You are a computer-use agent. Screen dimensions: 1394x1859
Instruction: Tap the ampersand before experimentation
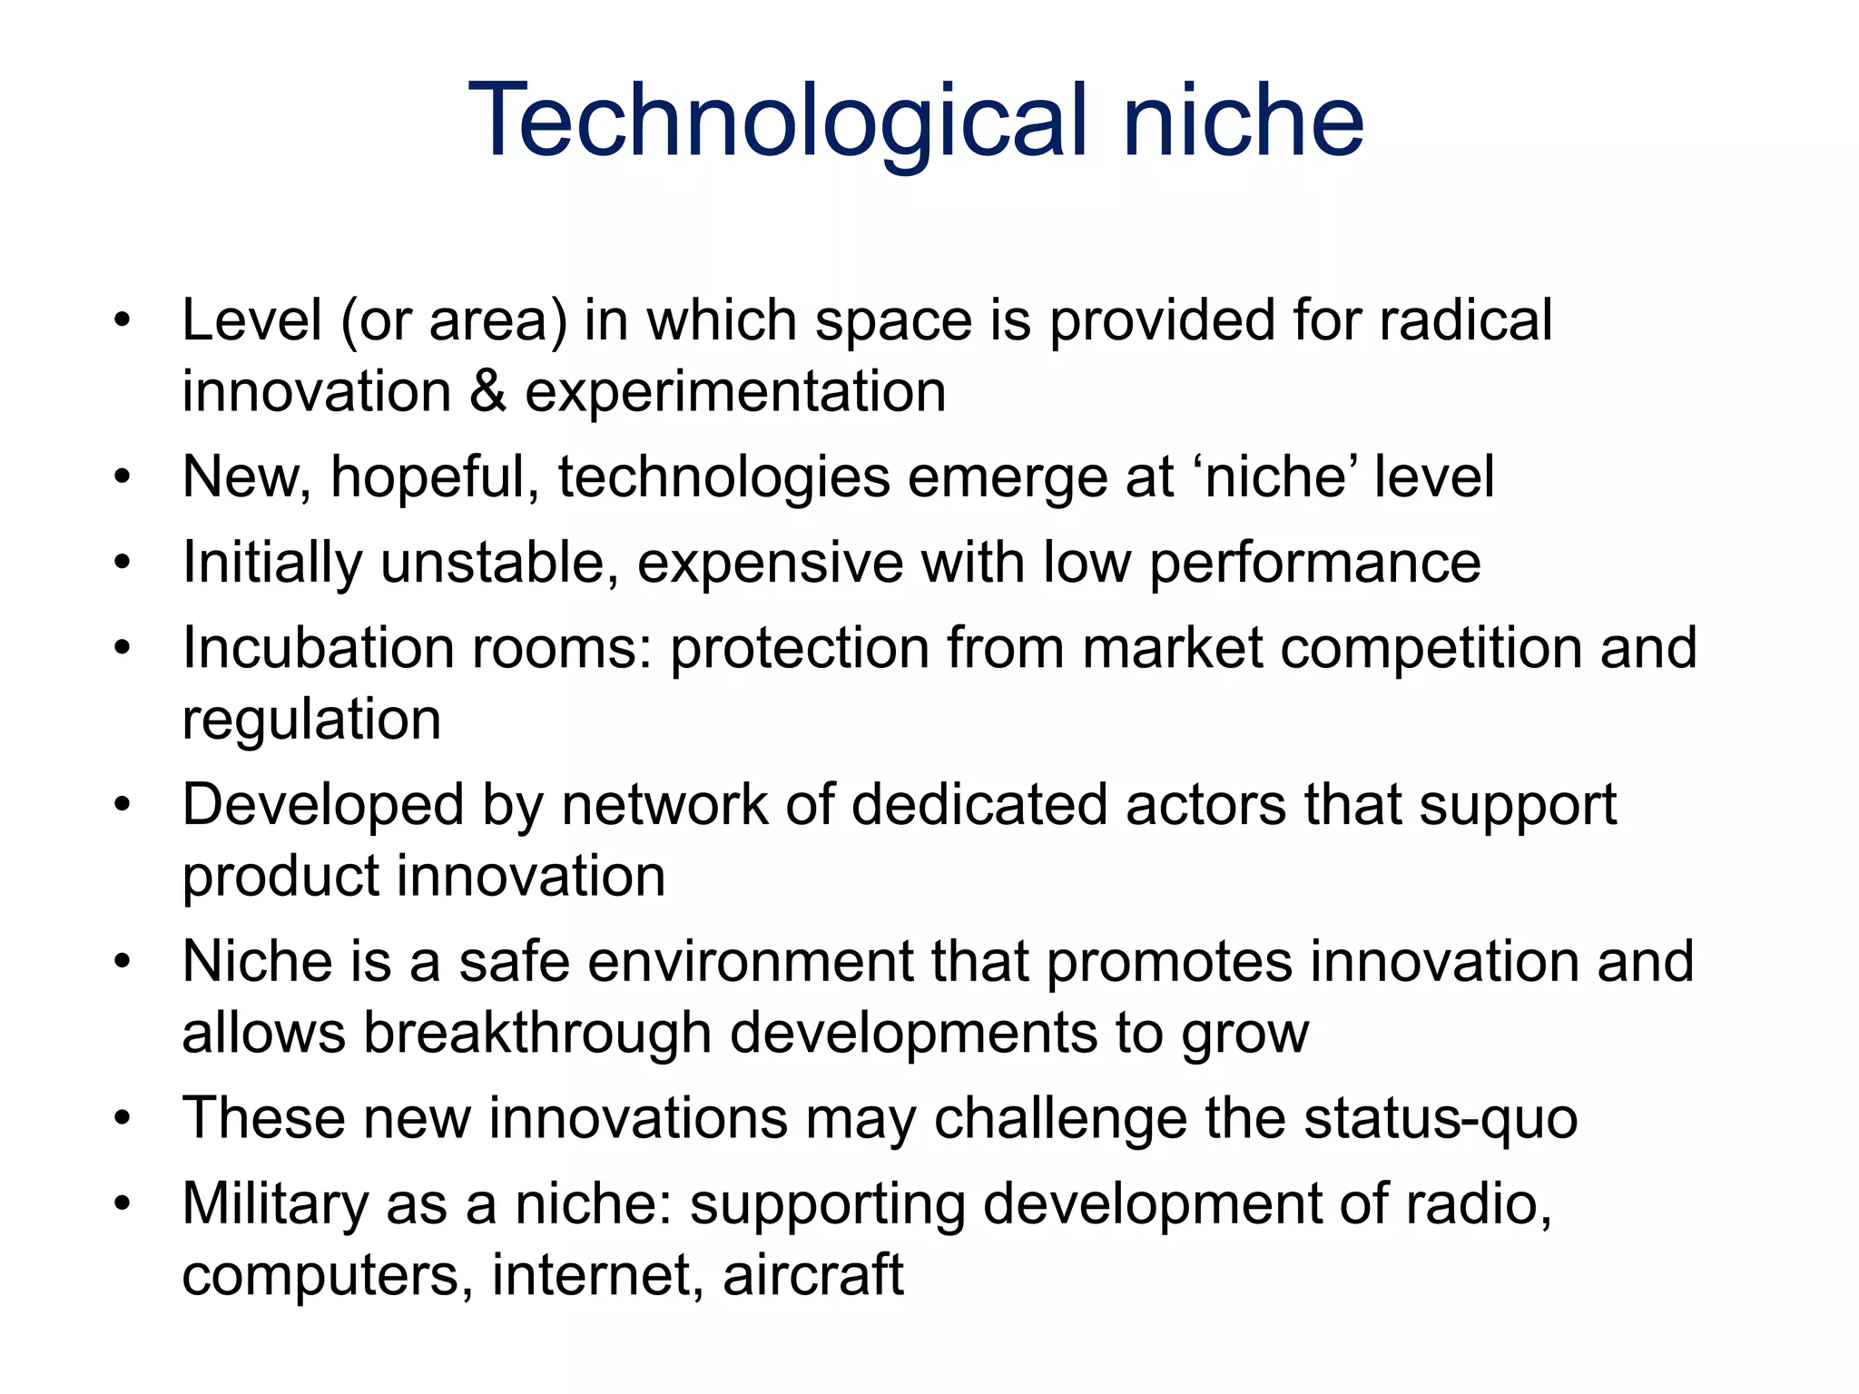click(488, 392)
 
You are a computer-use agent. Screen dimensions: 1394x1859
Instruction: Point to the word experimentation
click(735, 392)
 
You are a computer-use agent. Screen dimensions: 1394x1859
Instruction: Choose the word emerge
click(1006, 479)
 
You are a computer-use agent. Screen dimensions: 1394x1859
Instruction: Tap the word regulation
click(311, 722)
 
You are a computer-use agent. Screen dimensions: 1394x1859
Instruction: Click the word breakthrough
click(537, 1033)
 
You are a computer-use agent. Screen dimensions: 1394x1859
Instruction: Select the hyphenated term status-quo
click(1441, 1119)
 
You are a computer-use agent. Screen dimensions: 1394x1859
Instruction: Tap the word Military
click(274, 1205)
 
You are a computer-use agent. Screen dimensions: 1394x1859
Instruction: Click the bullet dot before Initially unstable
click(123, 563)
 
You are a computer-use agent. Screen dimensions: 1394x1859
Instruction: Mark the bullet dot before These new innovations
click(123, 1118)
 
